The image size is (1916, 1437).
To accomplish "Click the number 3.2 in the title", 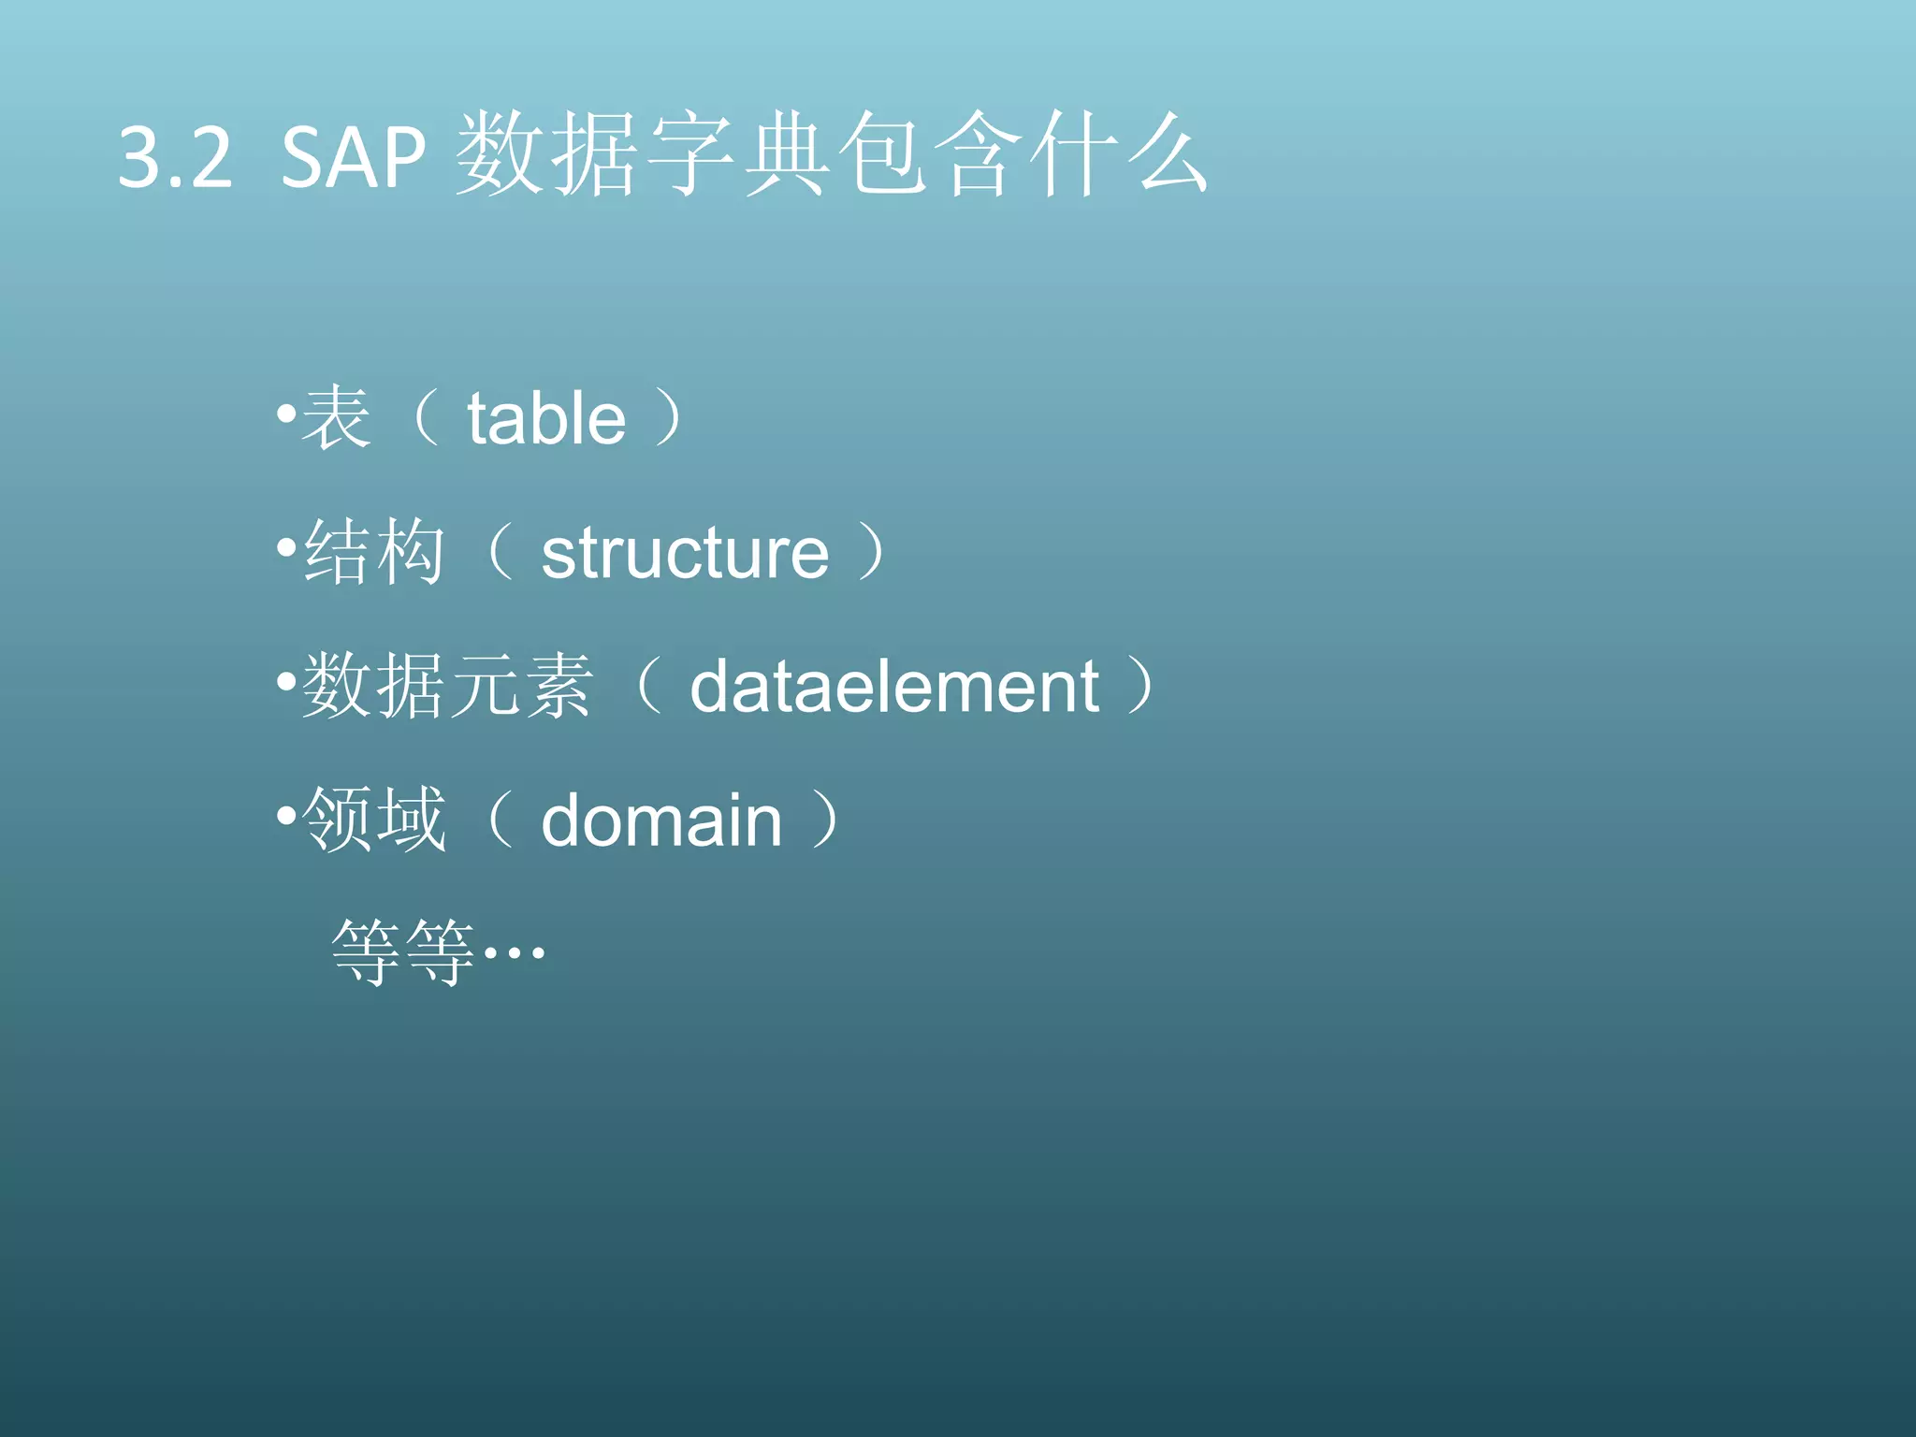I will pyautogui.click(x=175, y=157).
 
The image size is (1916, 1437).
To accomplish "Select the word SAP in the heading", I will pyautogui.click(x=353, y=157).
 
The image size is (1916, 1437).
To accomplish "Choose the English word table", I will pyautogui.click(x=546, y=418).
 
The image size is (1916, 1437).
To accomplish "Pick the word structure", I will pyautogui.click(x=685, y=552).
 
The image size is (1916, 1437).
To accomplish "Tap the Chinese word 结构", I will pyautogui.click(x=374, y=552).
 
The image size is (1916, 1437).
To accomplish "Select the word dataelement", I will pyautogui.click(x=894, y=687).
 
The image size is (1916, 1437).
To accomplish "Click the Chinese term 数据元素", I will pyautogui.click(x=447, y=686).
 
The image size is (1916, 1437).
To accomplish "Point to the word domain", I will pyautogui.click(x=661, y=820).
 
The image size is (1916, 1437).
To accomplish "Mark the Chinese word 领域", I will pyautogui.click(x=374, y=820).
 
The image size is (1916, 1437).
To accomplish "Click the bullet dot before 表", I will pyautogui.click(x=286, y=412).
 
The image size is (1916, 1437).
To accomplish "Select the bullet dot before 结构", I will pyautogui.click(x=286, y=546).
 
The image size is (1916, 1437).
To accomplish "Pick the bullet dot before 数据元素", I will pyautogui.click(x=286, y=681).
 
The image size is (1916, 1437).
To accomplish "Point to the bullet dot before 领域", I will pyautogui.click(x=286, y=816).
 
